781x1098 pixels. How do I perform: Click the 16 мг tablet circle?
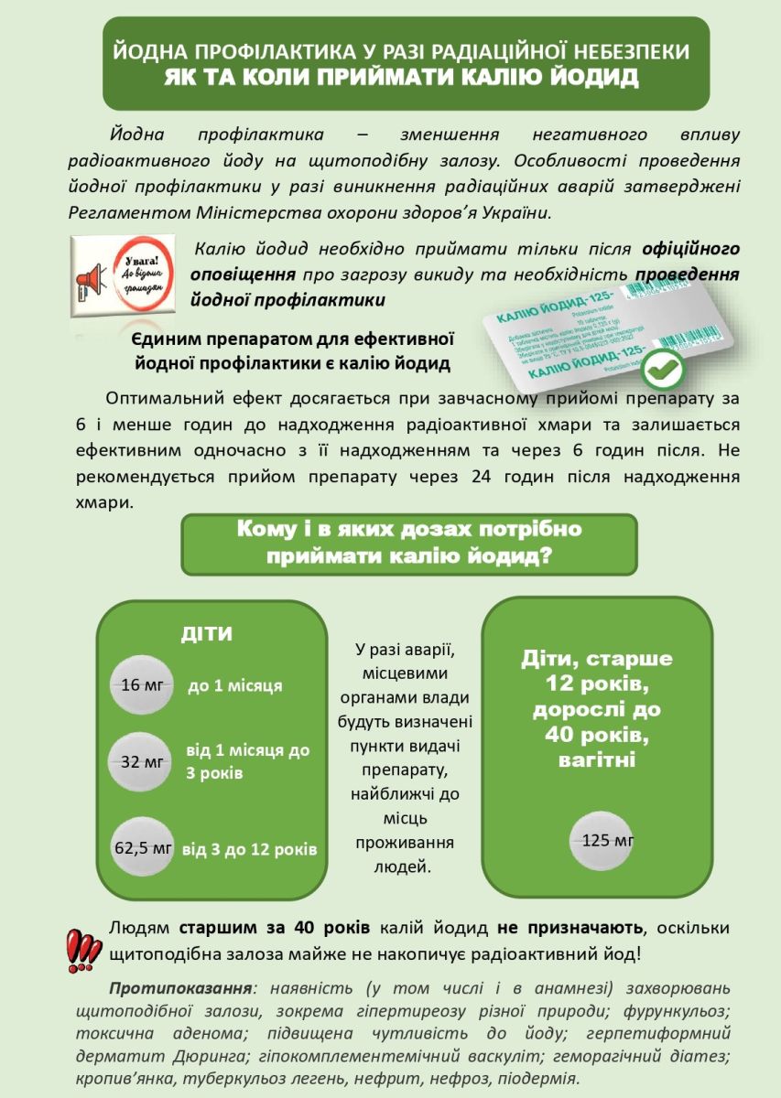point(141,684)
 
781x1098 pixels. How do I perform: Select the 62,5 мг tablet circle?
point(142,848)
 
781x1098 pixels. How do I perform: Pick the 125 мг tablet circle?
point(602,840)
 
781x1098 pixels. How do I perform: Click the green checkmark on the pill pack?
point(684,371)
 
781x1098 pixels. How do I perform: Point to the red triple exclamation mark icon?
point(84,949)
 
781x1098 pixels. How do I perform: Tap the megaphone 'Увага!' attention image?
point(122,276)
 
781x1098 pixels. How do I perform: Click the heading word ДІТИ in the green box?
point(206,634)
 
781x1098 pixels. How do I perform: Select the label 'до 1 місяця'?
point(234,685)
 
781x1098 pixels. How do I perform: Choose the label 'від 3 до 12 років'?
point(250,849)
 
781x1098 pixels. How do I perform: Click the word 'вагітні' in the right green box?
point(597,759)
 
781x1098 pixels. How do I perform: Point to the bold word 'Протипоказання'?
point(180,989)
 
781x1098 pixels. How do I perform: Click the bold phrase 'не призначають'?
point(569,928)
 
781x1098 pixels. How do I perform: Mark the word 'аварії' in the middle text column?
point(430,651)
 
